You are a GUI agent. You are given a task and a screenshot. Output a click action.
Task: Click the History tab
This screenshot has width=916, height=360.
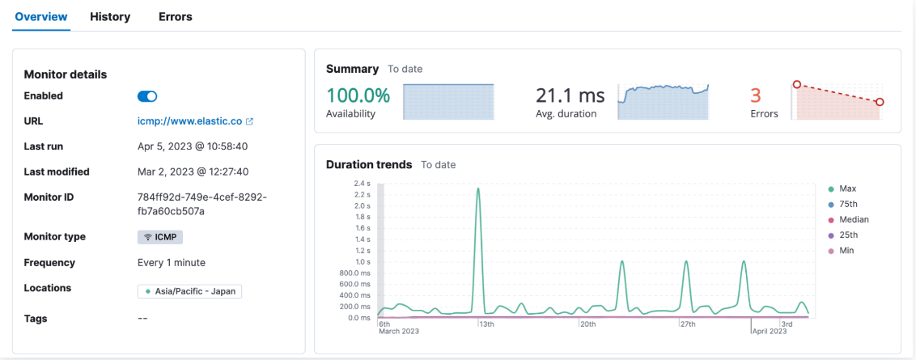110,17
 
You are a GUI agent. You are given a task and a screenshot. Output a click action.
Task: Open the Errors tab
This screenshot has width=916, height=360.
176,17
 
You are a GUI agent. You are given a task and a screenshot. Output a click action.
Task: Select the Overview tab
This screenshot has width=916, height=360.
41,17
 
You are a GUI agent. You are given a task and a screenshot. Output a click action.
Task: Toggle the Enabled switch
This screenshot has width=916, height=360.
147,96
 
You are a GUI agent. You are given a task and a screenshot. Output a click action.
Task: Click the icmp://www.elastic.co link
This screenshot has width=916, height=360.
190,121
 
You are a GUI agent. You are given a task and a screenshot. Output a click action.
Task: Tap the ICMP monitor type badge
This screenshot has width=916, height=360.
161,237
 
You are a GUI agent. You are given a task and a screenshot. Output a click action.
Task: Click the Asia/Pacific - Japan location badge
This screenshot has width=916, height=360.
190,291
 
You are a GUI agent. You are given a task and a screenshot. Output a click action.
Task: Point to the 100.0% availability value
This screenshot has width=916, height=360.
358,95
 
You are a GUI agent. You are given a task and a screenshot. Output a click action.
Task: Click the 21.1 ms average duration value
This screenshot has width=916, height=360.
570,95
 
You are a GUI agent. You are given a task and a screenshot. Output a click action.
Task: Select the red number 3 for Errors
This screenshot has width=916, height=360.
757,95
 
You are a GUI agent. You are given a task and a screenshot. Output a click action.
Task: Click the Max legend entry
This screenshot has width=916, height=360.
847,188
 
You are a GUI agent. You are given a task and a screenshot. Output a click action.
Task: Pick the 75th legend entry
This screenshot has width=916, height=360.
849,204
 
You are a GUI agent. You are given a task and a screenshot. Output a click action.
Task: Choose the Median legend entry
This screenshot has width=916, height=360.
854,219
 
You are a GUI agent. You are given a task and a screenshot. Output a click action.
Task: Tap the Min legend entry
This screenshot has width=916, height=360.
846,251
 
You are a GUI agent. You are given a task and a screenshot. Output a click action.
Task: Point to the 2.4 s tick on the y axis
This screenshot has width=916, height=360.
362,184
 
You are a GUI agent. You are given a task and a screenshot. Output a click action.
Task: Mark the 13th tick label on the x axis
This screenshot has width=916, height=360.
487,324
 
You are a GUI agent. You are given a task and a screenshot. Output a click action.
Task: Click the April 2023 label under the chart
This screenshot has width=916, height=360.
769,332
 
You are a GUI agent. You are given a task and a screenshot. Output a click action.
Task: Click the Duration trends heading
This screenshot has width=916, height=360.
369,164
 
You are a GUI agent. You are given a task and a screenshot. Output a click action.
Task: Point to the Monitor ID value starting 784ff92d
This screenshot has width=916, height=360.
202,204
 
